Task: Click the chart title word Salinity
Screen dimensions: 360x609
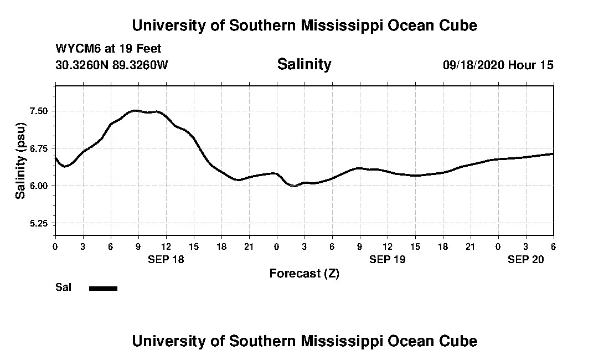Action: click(x=304, y=64)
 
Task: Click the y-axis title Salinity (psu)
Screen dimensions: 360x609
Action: click(x=20, y=161)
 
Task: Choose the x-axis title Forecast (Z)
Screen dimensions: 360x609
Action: click(x=304, y=273)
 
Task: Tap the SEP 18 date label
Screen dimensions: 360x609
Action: click(x=166, y=259)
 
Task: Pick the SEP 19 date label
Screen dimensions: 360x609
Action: click(x=388, y=259)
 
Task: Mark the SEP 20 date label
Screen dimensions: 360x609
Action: click(x=526, y=259)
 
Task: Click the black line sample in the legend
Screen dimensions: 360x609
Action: click(x=103, y=288)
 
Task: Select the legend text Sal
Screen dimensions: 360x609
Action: click(x=63, y=287)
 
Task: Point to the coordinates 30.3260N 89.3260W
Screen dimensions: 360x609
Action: click(x=111, y=65)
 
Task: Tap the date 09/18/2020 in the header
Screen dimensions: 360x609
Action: click(x=474, y=65)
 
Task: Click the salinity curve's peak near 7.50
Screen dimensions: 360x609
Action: click(x=135, y=111)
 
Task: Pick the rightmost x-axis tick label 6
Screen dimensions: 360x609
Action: click(x=553, y=246)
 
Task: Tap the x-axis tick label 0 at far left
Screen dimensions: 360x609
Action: click(x=55, y=246)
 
